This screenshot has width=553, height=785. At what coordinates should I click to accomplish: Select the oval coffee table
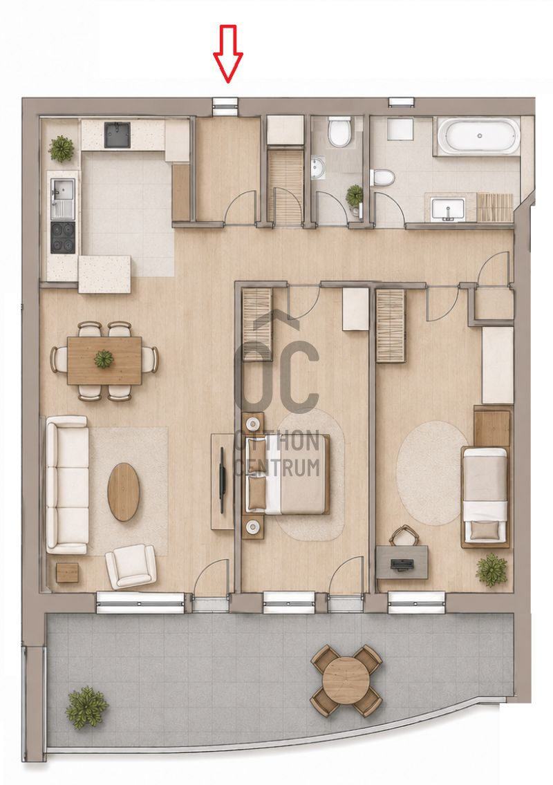pos(124,492)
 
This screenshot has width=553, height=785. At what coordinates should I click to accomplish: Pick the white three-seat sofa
pos(67,484)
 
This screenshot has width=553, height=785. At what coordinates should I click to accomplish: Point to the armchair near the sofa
pos(130,566)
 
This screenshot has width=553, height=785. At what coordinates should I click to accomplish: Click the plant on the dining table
pos(104,359)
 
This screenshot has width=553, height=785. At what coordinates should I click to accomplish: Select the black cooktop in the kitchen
pos(64,238)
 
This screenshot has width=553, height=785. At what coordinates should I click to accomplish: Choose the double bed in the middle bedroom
pos(287,475)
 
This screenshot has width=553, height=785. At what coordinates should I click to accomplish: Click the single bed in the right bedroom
pos(485,496)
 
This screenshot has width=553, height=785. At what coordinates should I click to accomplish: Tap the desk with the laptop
pos(402,562)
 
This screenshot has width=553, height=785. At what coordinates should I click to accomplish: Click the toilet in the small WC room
pos(339,133)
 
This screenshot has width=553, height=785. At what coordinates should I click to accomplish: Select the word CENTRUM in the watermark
pos(277,467)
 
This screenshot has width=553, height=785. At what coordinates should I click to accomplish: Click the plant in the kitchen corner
pos(62,148)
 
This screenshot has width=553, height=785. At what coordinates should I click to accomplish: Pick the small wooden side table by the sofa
pos(68,572)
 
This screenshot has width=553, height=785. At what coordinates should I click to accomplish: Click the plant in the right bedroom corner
pos(492,569)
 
